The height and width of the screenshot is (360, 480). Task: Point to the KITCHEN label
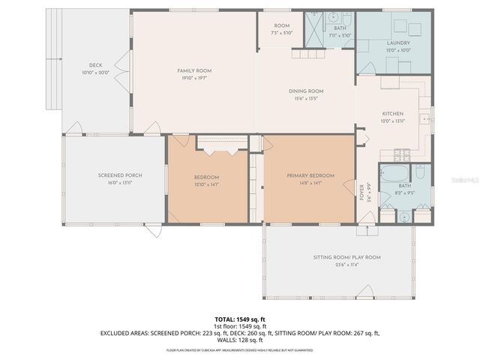click(x=394, y=114)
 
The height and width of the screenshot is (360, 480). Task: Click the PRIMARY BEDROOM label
click(x=310, y=175)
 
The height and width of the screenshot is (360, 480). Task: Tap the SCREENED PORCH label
click(x=120, y=175)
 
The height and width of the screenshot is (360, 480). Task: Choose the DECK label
click(x=95, y=66)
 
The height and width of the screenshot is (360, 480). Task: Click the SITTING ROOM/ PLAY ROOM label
click(x=346, y=257)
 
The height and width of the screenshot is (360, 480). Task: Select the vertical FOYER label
click(x=361, y=191)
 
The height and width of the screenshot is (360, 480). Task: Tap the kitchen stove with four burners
click(x=403, y=155)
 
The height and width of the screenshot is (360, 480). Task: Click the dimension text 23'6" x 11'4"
click(x=346, y=264)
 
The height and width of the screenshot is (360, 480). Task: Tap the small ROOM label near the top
click(x=281, y=26)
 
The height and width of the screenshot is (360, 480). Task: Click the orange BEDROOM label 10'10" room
click(x=206, y=177)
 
